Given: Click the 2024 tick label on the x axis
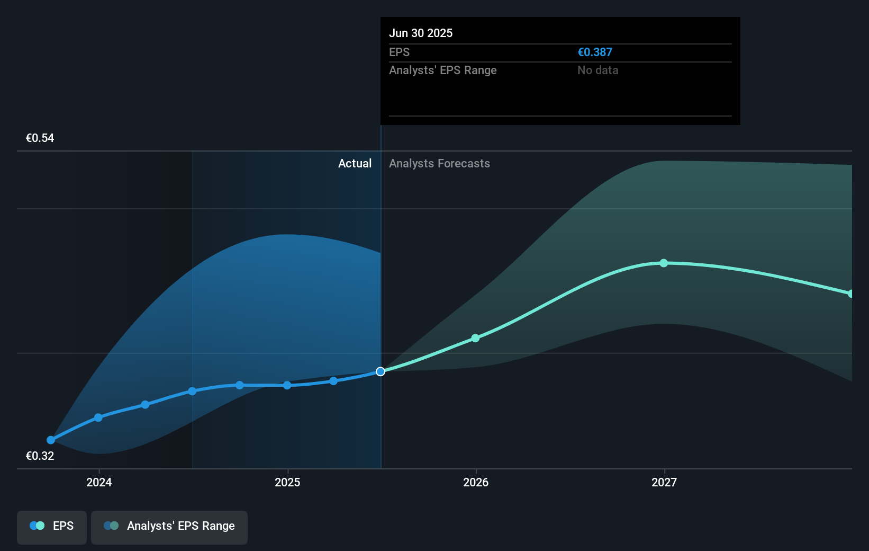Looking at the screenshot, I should tap(99, 482).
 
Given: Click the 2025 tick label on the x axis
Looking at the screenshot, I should tap(287, 482).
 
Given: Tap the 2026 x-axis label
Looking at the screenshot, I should tap(476, 482).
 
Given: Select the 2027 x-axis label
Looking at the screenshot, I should tap(664, 482).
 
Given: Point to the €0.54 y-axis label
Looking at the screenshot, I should tap(40, 138).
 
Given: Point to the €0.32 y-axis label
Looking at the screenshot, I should tap(40, 456).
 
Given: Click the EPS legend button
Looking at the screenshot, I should tap(52, 526).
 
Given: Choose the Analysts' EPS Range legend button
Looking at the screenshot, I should tap(169, 526).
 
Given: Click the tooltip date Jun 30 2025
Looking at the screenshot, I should tap(421, 33).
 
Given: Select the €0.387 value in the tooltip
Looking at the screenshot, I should tap(594, 52).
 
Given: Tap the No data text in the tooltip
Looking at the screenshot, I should tap(598, 70).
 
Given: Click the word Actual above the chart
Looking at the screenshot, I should tap(355, 164).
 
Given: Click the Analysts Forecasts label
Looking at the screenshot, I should tap(439, 164).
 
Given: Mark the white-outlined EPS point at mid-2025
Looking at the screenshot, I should tap(381, 371).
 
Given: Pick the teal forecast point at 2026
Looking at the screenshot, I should tap(475, 338).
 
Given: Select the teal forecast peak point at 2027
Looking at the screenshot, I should tap(664, 263).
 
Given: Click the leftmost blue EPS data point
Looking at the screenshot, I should tap(51, 440).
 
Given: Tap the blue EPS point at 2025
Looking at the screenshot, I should tap(287, 385).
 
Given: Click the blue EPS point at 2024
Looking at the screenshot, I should tap(98, 417).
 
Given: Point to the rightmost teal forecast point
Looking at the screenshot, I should tap(850, 294).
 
